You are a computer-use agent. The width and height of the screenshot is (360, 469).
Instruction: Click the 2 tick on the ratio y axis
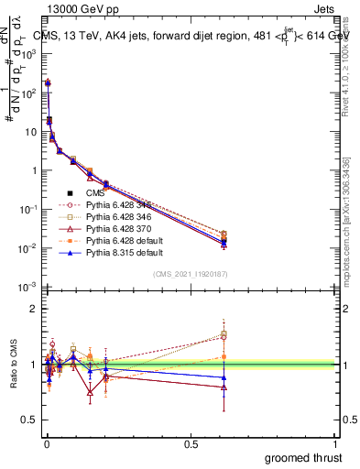coord(34,309)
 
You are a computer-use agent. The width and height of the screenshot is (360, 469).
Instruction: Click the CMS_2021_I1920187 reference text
coord(190,274)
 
